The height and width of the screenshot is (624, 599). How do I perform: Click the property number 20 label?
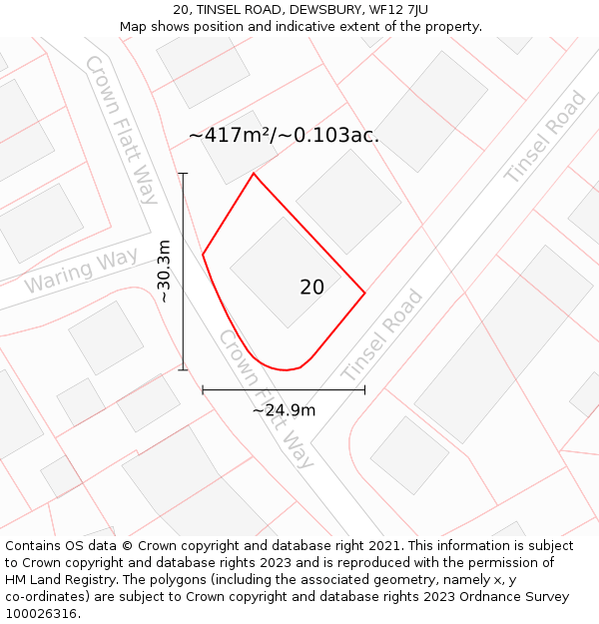point(311,288)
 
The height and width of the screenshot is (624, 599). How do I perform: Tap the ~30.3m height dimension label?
point(165,271)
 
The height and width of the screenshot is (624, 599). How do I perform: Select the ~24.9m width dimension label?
point(284,410)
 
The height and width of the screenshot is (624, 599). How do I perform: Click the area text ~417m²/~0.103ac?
point(284,136)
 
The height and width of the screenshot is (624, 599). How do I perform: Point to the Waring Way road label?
point(81,272)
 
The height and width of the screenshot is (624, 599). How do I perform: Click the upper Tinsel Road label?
point(545,137)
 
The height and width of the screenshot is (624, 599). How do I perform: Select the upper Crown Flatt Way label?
point(121,129)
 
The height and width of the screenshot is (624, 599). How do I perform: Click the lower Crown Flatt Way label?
point(266,399)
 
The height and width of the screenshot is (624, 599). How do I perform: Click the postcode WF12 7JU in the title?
point(398,10)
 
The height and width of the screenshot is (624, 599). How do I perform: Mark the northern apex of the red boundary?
point(254,174)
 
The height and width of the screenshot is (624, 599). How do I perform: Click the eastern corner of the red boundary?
point(364,293)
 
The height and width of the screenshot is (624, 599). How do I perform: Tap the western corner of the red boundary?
point(203,255)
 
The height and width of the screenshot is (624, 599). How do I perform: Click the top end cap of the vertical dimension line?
point(183,174)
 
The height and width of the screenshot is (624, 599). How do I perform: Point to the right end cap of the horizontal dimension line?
point(364,389)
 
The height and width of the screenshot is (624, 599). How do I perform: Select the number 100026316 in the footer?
point(42,614)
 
